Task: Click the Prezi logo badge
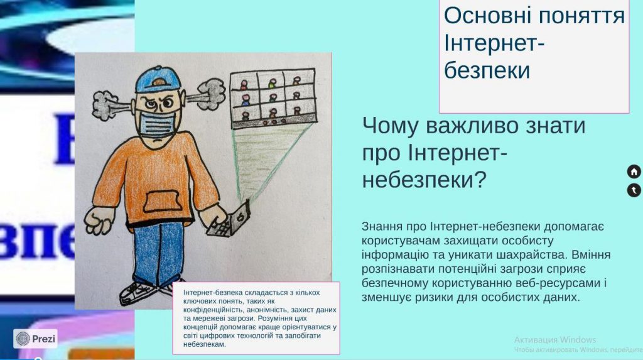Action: pyautogui.click(x=36, y=339)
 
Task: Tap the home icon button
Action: pyautogui.click(x=634, y=172)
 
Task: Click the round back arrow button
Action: pyautogui.click(x=634, y=190)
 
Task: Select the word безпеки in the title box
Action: pyautogui.click(x=487, y=70)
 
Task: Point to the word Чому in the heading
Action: pyautogui.click(x=389, y=126)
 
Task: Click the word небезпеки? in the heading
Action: pyautogui.click(x=424, y=180)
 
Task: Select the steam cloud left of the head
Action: pyautogui.click(x=105, y=101)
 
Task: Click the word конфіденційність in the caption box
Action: pyautogui.click(x=217, y=310)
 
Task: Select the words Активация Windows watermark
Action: pyautogui.click(x=554, y=340)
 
